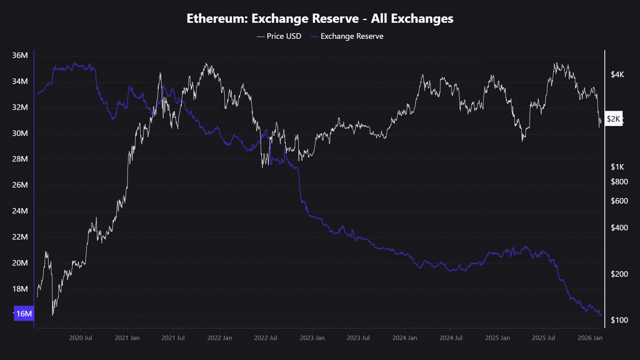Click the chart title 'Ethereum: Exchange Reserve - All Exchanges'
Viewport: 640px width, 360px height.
pos(320,19)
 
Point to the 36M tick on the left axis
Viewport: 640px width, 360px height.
pos(20,56)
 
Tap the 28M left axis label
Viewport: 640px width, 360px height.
pos(20,159)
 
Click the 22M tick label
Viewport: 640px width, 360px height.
pos(20,237)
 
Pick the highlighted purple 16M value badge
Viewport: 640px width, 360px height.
pos(24,314)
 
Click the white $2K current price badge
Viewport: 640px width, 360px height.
pos(613,119)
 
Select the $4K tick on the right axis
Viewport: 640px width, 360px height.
pos(617,75)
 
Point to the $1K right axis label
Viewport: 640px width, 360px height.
pos(617,167)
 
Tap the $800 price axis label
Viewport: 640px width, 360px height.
pos(619,182)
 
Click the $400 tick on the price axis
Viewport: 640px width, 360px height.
pos(619,228)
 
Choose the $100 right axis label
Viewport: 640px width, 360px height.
pos(619,320)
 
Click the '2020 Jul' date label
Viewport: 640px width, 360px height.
pos(80,338)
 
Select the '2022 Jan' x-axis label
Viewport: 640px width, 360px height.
pos(220,338)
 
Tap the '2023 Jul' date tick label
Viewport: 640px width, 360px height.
pos(358,338)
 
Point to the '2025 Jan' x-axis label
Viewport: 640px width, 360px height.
pos(497,338)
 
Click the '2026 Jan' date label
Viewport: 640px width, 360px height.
pos(590,338)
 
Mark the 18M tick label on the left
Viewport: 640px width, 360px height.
pos(20,289)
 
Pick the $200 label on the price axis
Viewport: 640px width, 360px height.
pos(619,274)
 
